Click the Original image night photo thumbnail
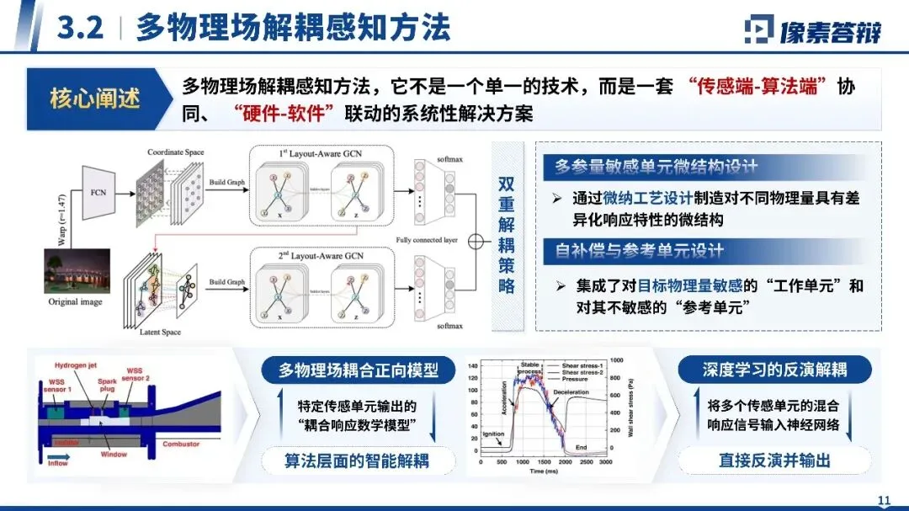77,271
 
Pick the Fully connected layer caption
427,241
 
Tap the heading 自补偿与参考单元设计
639,251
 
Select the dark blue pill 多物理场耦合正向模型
359,370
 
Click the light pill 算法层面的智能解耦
358,460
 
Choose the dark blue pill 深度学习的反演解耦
774,370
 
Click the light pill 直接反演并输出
774,460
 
